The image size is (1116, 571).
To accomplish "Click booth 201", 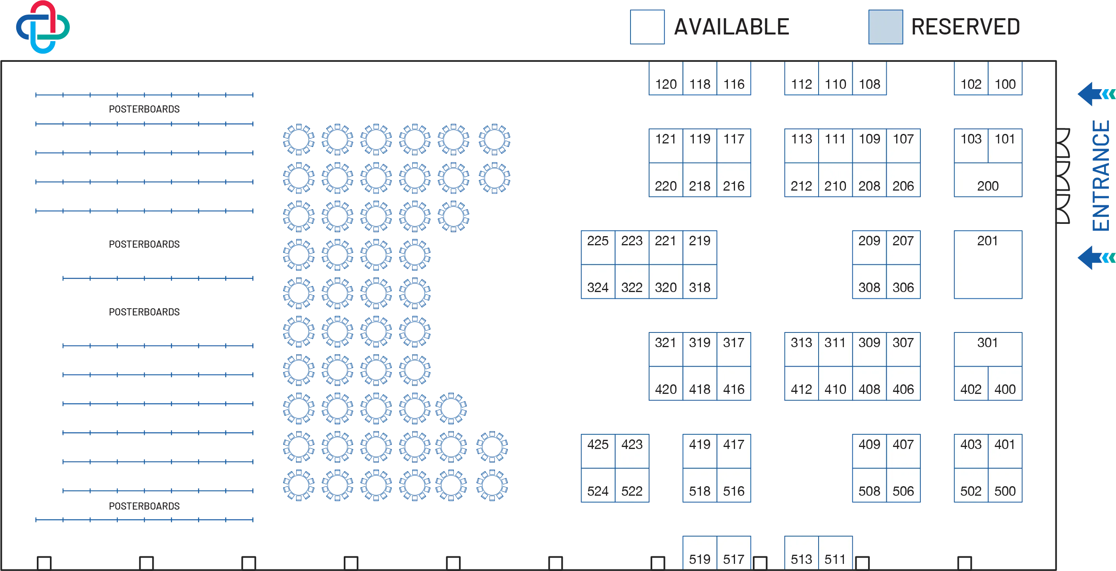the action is coord(988,264).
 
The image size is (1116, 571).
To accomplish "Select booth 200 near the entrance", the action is coord(988,180).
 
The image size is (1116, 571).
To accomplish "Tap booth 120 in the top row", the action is coord(666,78).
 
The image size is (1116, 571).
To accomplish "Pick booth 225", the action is coord(598,248).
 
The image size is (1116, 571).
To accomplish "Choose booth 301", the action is coord(988,349).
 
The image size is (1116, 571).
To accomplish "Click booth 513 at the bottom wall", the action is coord(802,553).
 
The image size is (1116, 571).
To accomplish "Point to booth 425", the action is coord(598,451).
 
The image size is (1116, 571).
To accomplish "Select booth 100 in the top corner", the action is coord(1005,78).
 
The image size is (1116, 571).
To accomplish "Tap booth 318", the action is coord(700,281).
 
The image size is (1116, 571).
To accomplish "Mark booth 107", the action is coord(903,146).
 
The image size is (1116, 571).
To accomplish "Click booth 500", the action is coord(1005,485).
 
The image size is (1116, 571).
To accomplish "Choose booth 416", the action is coord(734,383).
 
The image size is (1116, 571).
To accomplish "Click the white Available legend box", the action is coord(647,27).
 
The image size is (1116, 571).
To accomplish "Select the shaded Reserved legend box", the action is coord(886,27).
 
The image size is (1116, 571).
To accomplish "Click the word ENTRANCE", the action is coord(1101,176).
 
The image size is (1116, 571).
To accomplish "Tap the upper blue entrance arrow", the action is coord(1096,94).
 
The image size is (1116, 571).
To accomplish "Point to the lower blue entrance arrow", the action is coord(1096,258).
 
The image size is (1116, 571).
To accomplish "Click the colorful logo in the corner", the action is coord(43,27).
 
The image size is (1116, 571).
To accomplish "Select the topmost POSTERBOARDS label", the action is coord(144,109).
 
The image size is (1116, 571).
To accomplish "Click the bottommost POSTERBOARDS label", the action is coord(144,506).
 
